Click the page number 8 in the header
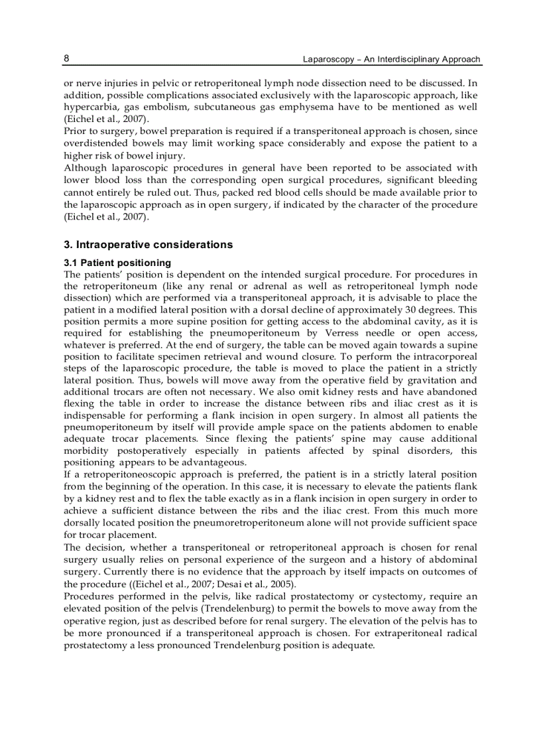click(x=66, y=58)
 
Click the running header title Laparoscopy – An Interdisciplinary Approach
click(x=391, y=59)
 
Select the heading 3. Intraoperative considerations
click(x=148, y=245)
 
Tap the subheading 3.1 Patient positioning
click(x=117, y=263)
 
